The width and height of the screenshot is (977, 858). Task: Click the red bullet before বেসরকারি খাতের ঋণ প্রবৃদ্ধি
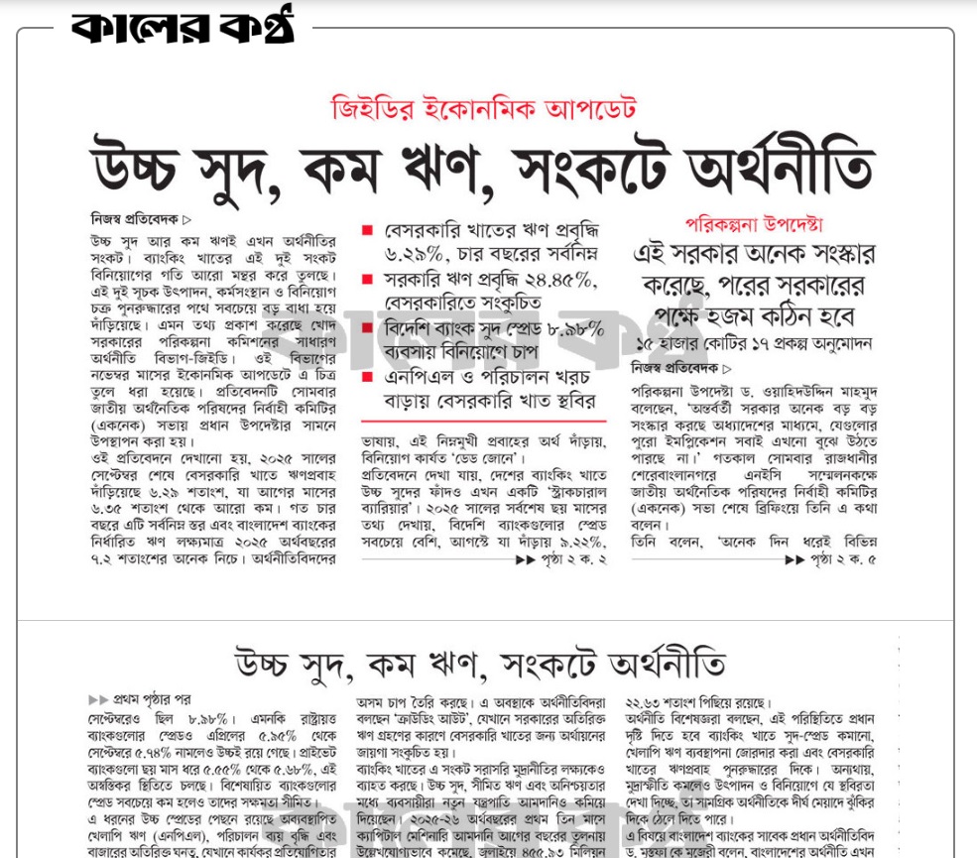367,231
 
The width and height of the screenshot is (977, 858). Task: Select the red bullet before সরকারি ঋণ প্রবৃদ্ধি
367,281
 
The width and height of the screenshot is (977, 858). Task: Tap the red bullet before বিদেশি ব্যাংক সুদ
367,329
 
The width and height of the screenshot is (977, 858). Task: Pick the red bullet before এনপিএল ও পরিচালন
367,378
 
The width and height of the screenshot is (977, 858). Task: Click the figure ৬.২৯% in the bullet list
415,255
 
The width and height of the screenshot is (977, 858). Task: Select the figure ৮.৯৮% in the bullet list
569,329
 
